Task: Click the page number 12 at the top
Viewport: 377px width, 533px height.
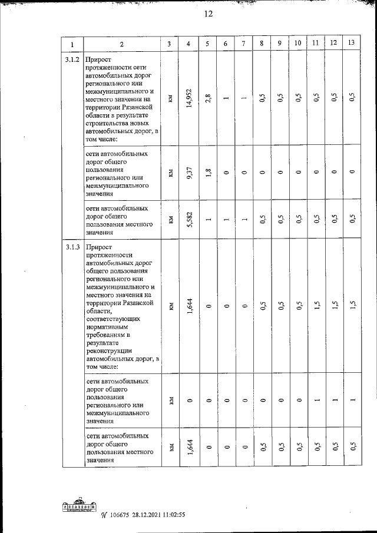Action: click(x=208, y=15)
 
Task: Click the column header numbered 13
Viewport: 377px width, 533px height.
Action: click(x=351, y=44)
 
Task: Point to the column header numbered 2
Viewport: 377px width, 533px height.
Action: click(x=121, y=44)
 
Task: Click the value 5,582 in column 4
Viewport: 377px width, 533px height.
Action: click(x=188, y=220)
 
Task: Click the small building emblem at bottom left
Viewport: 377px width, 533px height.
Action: click(x=80, y=508)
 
